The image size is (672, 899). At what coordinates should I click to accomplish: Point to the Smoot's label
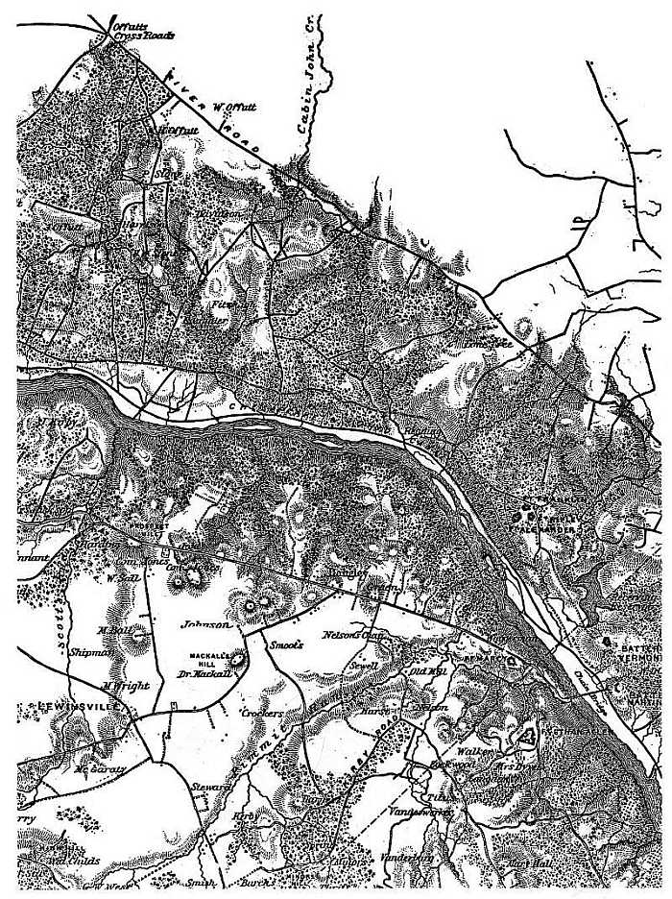click(x=285, y=645)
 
